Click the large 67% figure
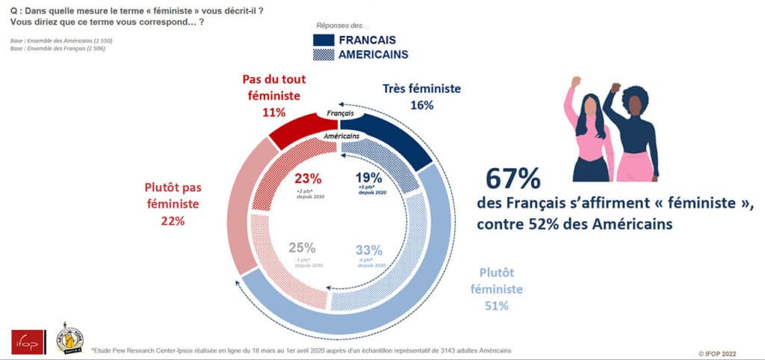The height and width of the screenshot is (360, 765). [x=512, y=181]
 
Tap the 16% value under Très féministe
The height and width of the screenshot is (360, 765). [x=421, y=105]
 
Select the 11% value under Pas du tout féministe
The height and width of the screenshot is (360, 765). [x=273, y=112]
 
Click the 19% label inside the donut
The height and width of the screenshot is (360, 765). [x=369, y=179]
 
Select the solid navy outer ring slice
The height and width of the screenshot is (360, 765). [x=403, y=134]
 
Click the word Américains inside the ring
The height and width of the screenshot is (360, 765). [x=341, y=137]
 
